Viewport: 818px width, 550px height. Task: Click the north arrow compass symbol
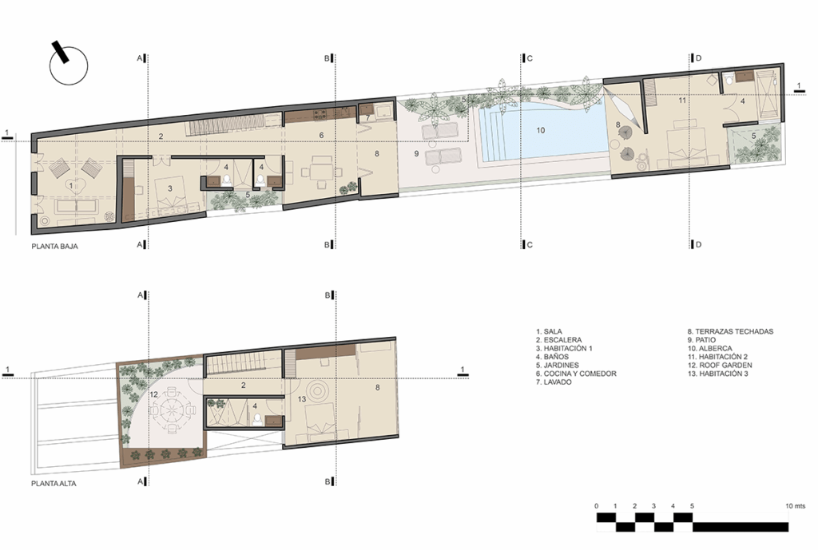(68, 65)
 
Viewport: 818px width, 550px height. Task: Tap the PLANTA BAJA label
(55, 246)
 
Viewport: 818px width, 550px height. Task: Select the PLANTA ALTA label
(54, 483)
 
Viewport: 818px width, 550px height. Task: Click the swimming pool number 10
(541, 130)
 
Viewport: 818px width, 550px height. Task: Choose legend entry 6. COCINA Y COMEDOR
(576, 374)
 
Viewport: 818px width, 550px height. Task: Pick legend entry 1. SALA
(549, 331)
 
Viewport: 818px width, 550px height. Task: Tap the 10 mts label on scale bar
(796, 505)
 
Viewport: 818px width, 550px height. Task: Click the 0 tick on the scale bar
(597, 505)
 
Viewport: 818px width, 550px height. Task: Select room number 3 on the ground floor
(170, 188)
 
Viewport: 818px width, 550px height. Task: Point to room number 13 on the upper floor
(302, 399)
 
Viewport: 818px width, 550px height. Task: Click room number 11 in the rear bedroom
(682, 100)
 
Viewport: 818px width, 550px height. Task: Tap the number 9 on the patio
(416, 154)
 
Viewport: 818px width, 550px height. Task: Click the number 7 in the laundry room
(367, 118)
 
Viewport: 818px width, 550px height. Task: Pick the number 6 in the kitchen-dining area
(321, 136)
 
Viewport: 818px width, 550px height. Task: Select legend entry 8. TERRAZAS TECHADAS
(730, 331)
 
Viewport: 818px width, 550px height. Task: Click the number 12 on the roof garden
(154, 394)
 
